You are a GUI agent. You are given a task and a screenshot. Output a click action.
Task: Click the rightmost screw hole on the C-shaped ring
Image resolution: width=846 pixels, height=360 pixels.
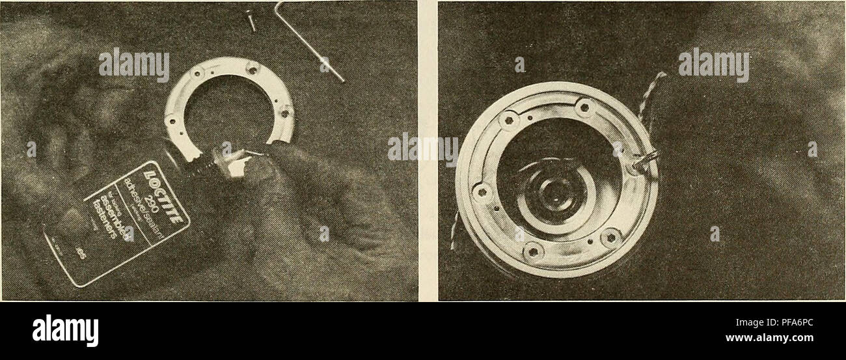tap(284, 112)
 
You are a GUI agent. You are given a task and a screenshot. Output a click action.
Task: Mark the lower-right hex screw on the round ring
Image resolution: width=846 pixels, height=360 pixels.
tap(610, 237)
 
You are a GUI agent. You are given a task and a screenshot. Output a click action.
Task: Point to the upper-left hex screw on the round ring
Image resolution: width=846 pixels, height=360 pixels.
tap(508, 119)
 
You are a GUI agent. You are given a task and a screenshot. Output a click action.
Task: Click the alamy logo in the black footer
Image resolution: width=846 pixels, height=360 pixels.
tap(65, 330)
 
